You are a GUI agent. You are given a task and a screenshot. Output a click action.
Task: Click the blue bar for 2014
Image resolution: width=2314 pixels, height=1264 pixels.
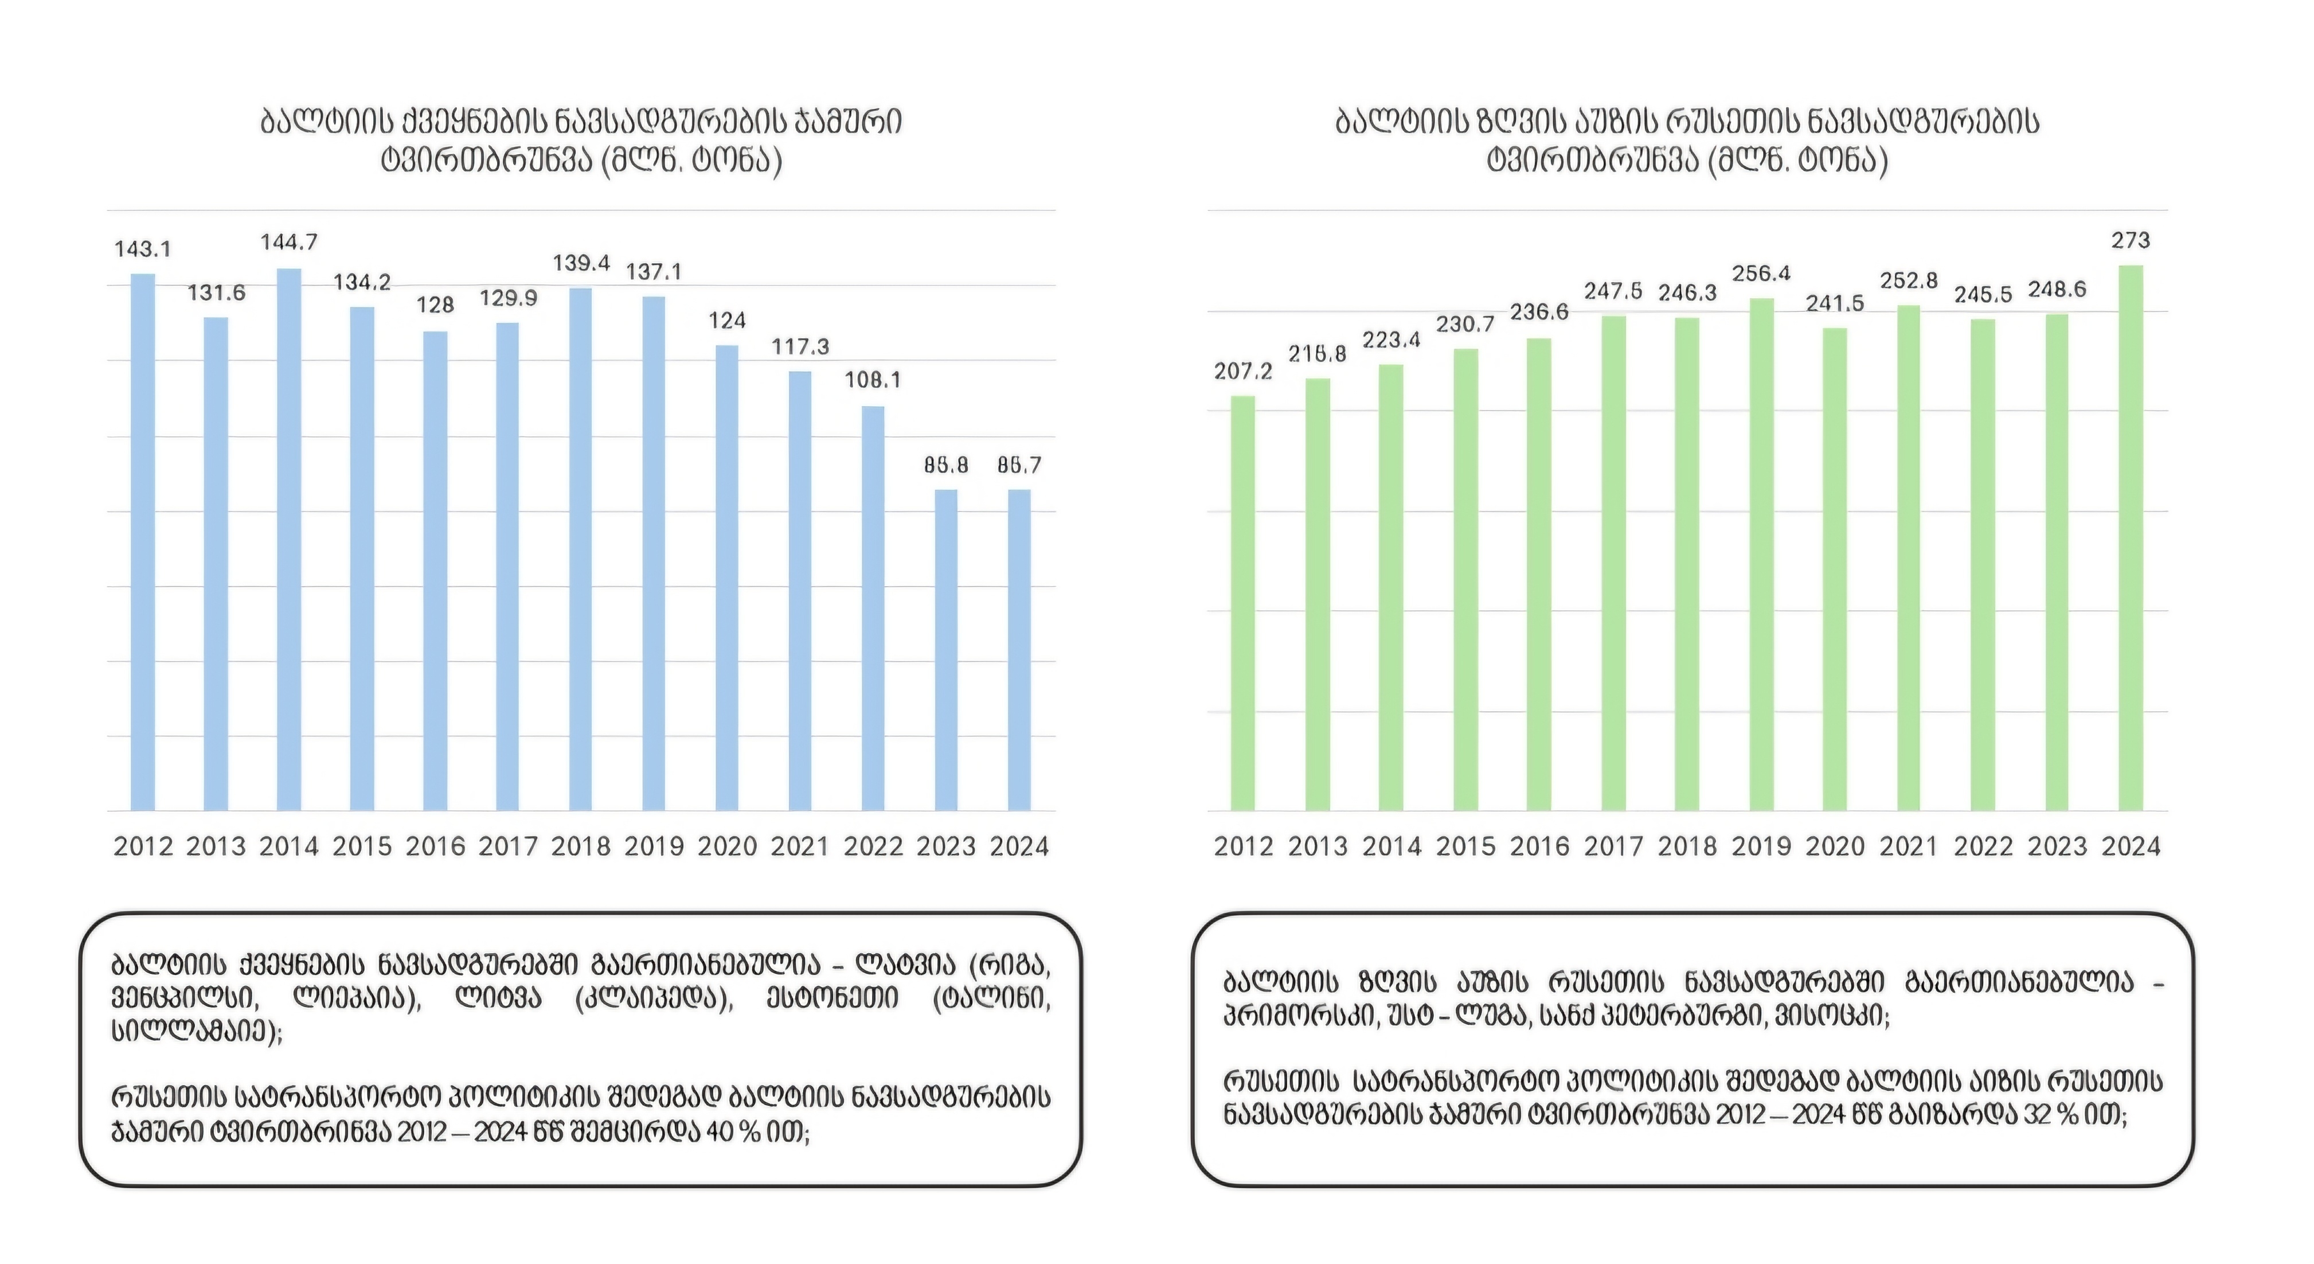point(288,539)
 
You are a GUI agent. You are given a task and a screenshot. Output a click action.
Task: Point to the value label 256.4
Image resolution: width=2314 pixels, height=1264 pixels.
point(1761,273)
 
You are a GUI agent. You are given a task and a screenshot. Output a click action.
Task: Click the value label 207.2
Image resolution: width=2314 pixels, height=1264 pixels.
point(1242,371)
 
